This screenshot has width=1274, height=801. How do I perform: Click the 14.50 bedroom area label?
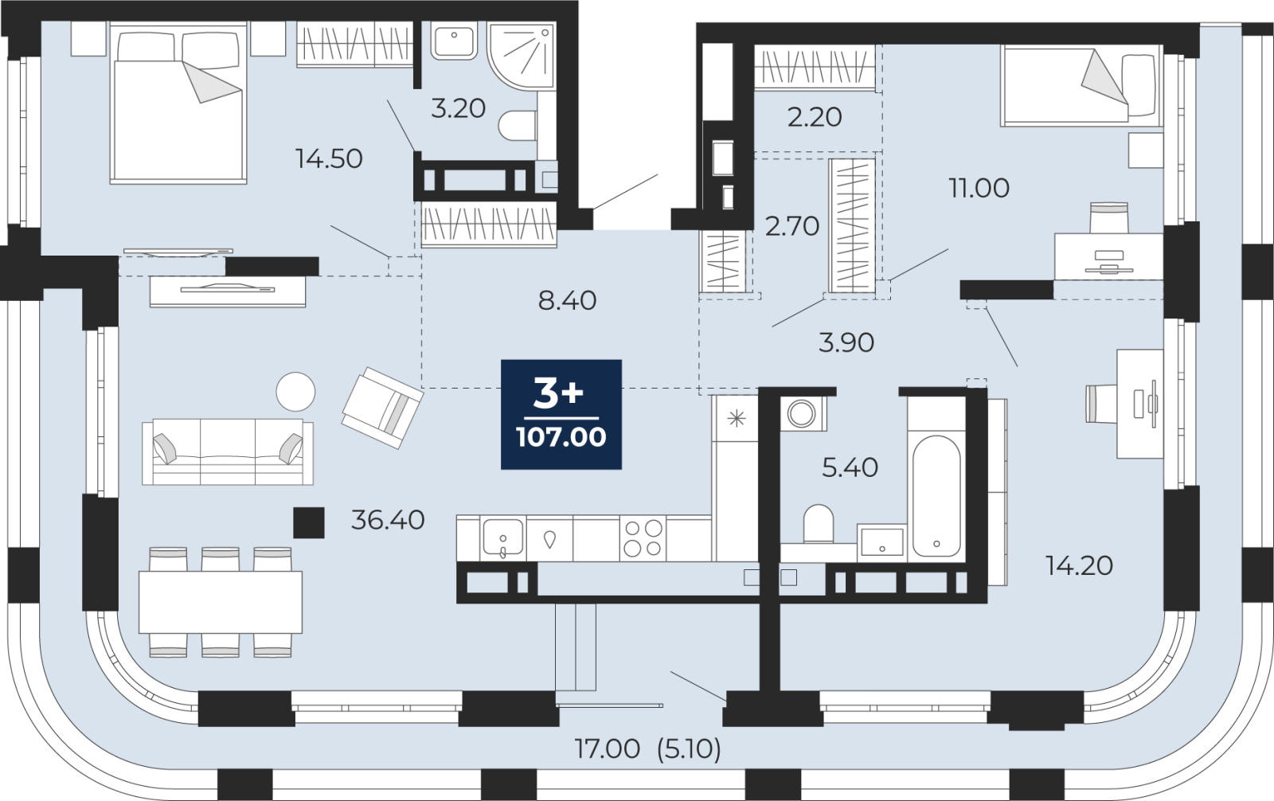point(329,158)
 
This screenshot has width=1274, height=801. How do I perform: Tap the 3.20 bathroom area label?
point(458,108)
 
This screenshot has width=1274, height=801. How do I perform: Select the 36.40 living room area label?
point(388,520)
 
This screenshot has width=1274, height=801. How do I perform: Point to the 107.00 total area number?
point(561,437)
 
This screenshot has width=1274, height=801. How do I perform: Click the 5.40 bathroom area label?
point(850,467)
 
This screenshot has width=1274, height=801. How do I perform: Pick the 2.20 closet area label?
point(815,117)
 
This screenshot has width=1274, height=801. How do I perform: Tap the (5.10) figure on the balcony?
point(689,748)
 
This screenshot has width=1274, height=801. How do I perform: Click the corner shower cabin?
point(521,56)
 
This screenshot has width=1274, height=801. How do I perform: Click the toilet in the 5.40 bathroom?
point(819,524)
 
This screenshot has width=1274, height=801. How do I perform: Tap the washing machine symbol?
point(802,413)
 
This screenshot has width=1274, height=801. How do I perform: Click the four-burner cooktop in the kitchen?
point(643,538)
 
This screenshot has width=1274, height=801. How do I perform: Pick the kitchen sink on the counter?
point(502,537)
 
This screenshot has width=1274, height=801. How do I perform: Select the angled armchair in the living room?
point(382,408)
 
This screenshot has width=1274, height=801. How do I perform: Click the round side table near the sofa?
point(295,392)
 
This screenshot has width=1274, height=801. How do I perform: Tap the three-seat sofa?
point(228,452)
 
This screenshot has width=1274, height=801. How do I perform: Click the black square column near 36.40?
point(309,523)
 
